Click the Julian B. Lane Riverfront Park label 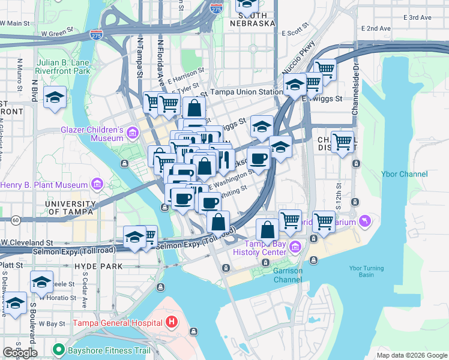54,66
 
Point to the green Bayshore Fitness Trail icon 58,349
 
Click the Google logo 20,353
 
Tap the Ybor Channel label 405,174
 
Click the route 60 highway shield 14,221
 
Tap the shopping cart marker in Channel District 342,142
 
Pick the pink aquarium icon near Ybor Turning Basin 364,221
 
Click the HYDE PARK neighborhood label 98,266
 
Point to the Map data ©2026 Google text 411,355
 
